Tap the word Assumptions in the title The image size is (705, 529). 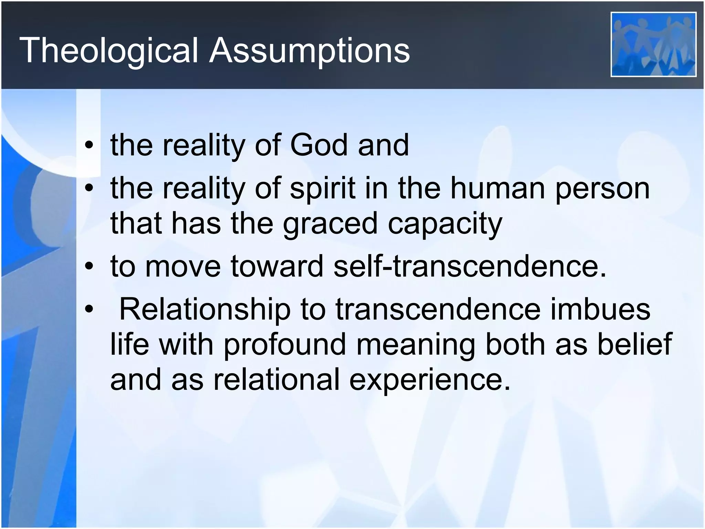tap(309, 51)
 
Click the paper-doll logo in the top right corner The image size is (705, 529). tap(653, 44)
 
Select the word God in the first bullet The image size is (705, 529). tap(319, 145)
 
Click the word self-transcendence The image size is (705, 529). tap(470, 266)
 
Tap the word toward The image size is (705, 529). tap(277, 266)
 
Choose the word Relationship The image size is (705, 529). tap(204, 309)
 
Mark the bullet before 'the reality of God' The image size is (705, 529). tap(90, 145)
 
